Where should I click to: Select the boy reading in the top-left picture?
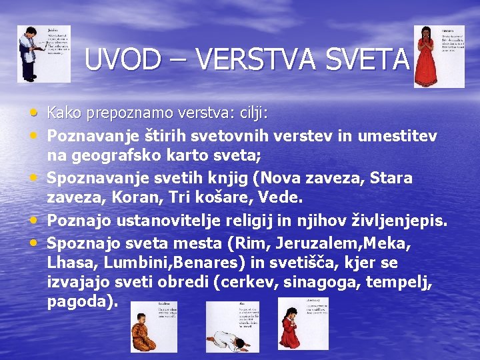click(x=29, y=53)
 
